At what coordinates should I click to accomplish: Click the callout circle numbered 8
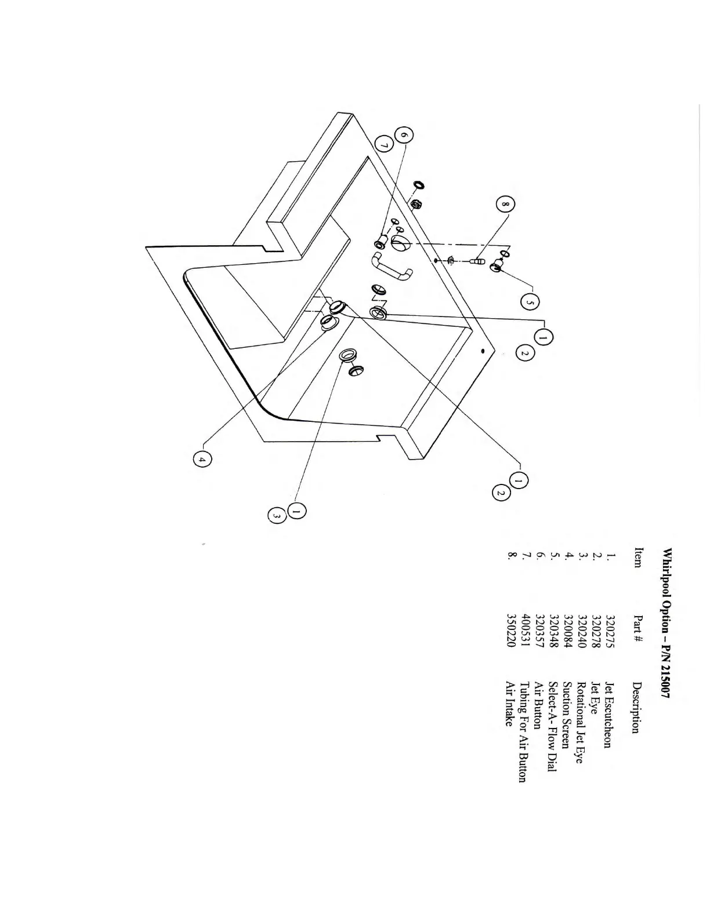click(505, 206)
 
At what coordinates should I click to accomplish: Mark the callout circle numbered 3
click(277, 516)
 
